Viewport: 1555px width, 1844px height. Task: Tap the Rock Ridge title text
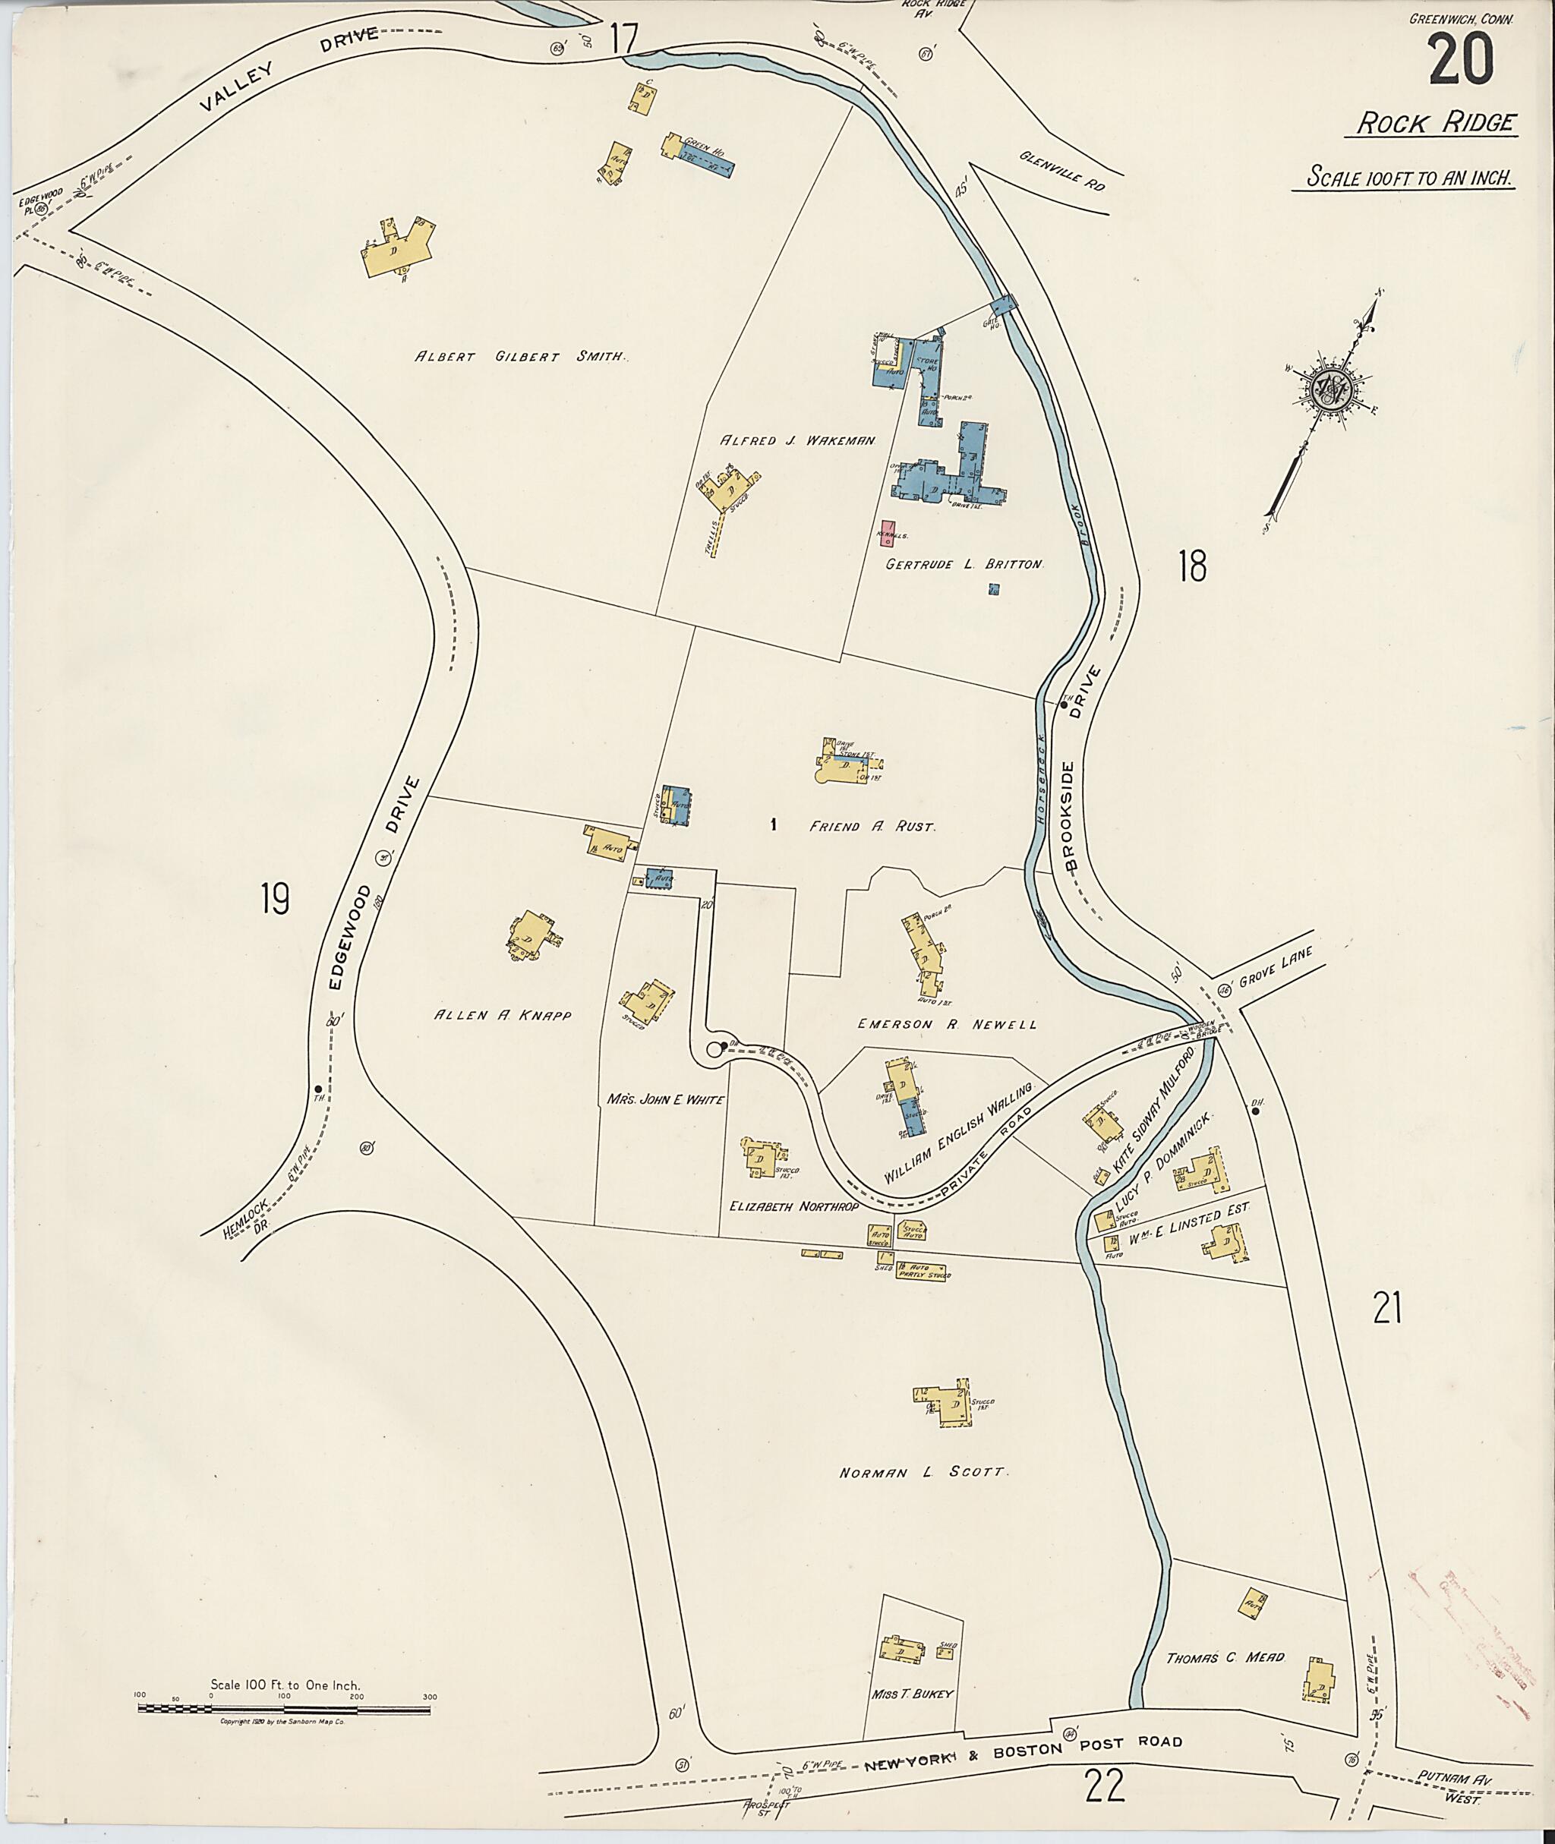tap(1435, 124)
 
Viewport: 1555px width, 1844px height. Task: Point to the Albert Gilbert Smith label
tap(520, 357)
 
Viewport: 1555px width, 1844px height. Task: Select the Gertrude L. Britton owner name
tap(964, 564)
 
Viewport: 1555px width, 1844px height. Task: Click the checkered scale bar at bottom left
tap(284, 1709)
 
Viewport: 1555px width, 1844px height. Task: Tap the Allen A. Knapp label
tap(503, 1016)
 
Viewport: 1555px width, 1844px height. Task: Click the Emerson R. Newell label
tap(947, 1024)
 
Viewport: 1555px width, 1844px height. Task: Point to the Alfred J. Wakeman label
tap(798, 440)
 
